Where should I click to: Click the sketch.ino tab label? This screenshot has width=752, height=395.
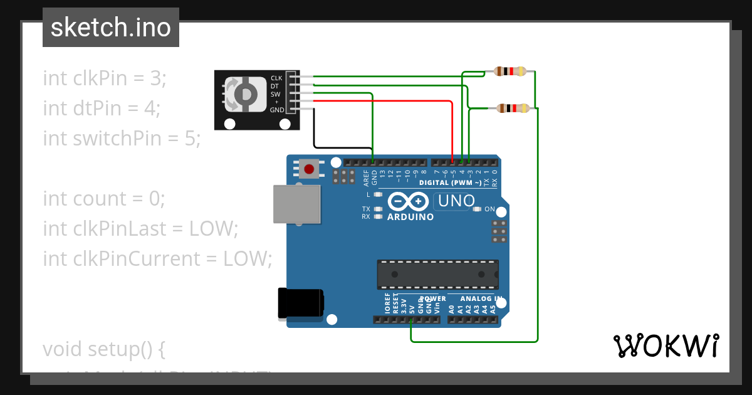tap(111, 28)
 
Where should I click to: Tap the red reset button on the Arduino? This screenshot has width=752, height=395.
tap(309, 168)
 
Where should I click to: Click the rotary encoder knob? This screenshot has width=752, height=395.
tap(241, 93)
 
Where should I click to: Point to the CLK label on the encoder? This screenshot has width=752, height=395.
tap(276, 78)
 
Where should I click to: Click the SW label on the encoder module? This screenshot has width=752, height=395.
tap(276, 94)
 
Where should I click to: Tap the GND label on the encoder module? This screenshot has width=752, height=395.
tap(276, 110)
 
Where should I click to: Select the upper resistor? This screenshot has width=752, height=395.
tap(510, 71)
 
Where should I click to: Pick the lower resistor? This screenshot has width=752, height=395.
tap(513, 108)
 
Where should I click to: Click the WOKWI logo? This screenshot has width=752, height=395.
tap(666, 345)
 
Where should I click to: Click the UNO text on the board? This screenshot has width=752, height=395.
tap(456, 201)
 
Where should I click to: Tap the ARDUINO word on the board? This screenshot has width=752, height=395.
tap(410, 217)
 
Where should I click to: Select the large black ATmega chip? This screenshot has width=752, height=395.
tap(437, 275)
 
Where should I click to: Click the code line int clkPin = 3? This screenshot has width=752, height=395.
tap(105, 78)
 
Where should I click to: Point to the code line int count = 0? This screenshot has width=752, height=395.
tap(103, 199)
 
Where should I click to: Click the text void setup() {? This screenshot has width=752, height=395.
tap(103, 349)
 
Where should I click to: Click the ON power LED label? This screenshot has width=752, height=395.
tap(489, 209)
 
